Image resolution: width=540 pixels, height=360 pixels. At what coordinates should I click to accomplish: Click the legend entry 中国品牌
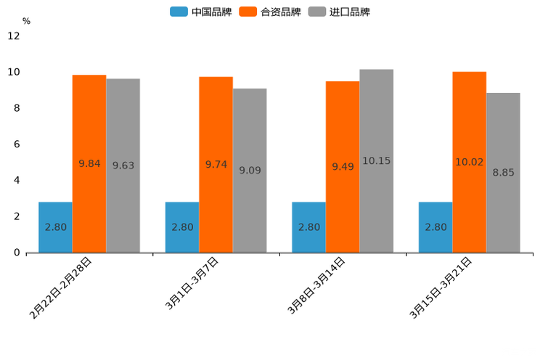click(x=201, y=12)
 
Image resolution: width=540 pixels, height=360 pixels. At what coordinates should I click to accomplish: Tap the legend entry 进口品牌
click(x=339, y=12)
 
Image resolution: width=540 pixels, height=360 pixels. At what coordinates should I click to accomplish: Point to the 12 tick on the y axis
click(x=14, y=36)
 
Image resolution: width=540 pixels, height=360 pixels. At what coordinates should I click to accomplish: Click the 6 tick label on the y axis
click(x=17, y=144)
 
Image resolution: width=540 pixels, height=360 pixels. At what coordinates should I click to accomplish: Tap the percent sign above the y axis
click(x=26, y=22)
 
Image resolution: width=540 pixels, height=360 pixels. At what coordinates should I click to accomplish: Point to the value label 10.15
click(x=376, y=161)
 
